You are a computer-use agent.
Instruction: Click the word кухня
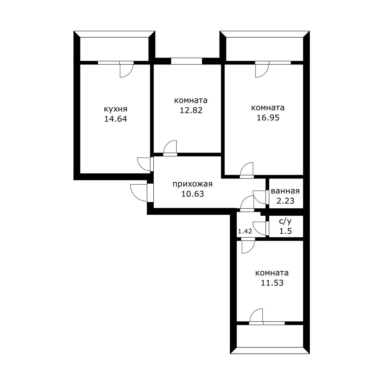click(115, 109)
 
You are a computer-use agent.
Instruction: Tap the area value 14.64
click(115, 119)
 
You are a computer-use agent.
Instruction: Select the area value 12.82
click(191, 110)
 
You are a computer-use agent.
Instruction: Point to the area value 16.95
click(268, 118)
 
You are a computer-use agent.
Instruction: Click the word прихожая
click(192, 184)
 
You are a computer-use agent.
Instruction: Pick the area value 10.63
click(192, 194)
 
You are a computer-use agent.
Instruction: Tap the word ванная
click(285, 191)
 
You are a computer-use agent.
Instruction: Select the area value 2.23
click(285, 201)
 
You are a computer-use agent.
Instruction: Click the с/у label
click(285, 221)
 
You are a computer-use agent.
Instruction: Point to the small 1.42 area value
click(245, 231)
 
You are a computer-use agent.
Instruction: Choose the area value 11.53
click(272, 283)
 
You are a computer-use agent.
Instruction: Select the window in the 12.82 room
click(186, 61)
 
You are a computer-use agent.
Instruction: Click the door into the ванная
click(260, 197)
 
